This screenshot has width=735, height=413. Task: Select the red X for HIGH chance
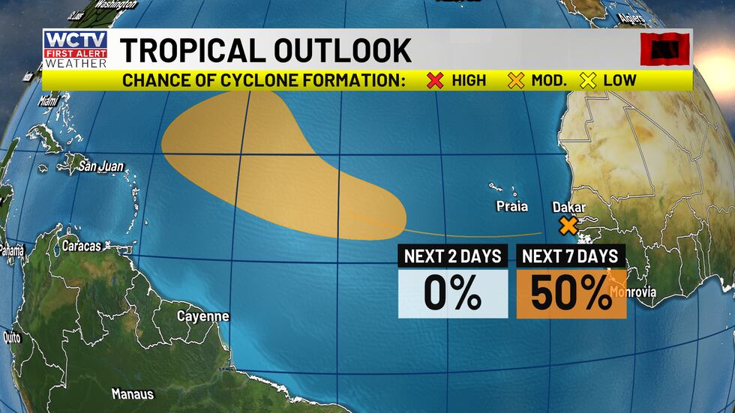click(x=435, y=80)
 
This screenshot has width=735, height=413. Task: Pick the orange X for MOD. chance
click(x=516, y=80)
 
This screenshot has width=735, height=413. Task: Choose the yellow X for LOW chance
click(x=588, y=80)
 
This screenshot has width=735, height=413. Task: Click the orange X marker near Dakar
click(x=568, y=225)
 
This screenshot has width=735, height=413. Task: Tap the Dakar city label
click(x=568, y=207)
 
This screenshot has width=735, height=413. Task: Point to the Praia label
click(x=511, y=206)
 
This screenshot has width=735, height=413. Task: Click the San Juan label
click(x=101, y=166)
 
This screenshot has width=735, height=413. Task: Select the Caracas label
click(x=82, y=245)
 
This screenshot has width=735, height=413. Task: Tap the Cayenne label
click(x=202, y=316)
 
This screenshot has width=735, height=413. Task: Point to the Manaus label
click(x=132, y=394)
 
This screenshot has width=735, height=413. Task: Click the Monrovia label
click(x=634, y=292)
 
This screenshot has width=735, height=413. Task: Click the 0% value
click(x=452, y=293)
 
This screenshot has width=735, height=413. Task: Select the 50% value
click(x=571, y=293)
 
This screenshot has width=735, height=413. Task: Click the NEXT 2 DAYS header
click(x=452, y=256)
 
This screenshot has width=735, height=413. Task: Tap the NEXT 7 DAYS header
click(x=571, y=256)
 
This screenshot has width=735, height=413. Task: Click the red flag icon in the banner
click(x=664, y=49)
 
